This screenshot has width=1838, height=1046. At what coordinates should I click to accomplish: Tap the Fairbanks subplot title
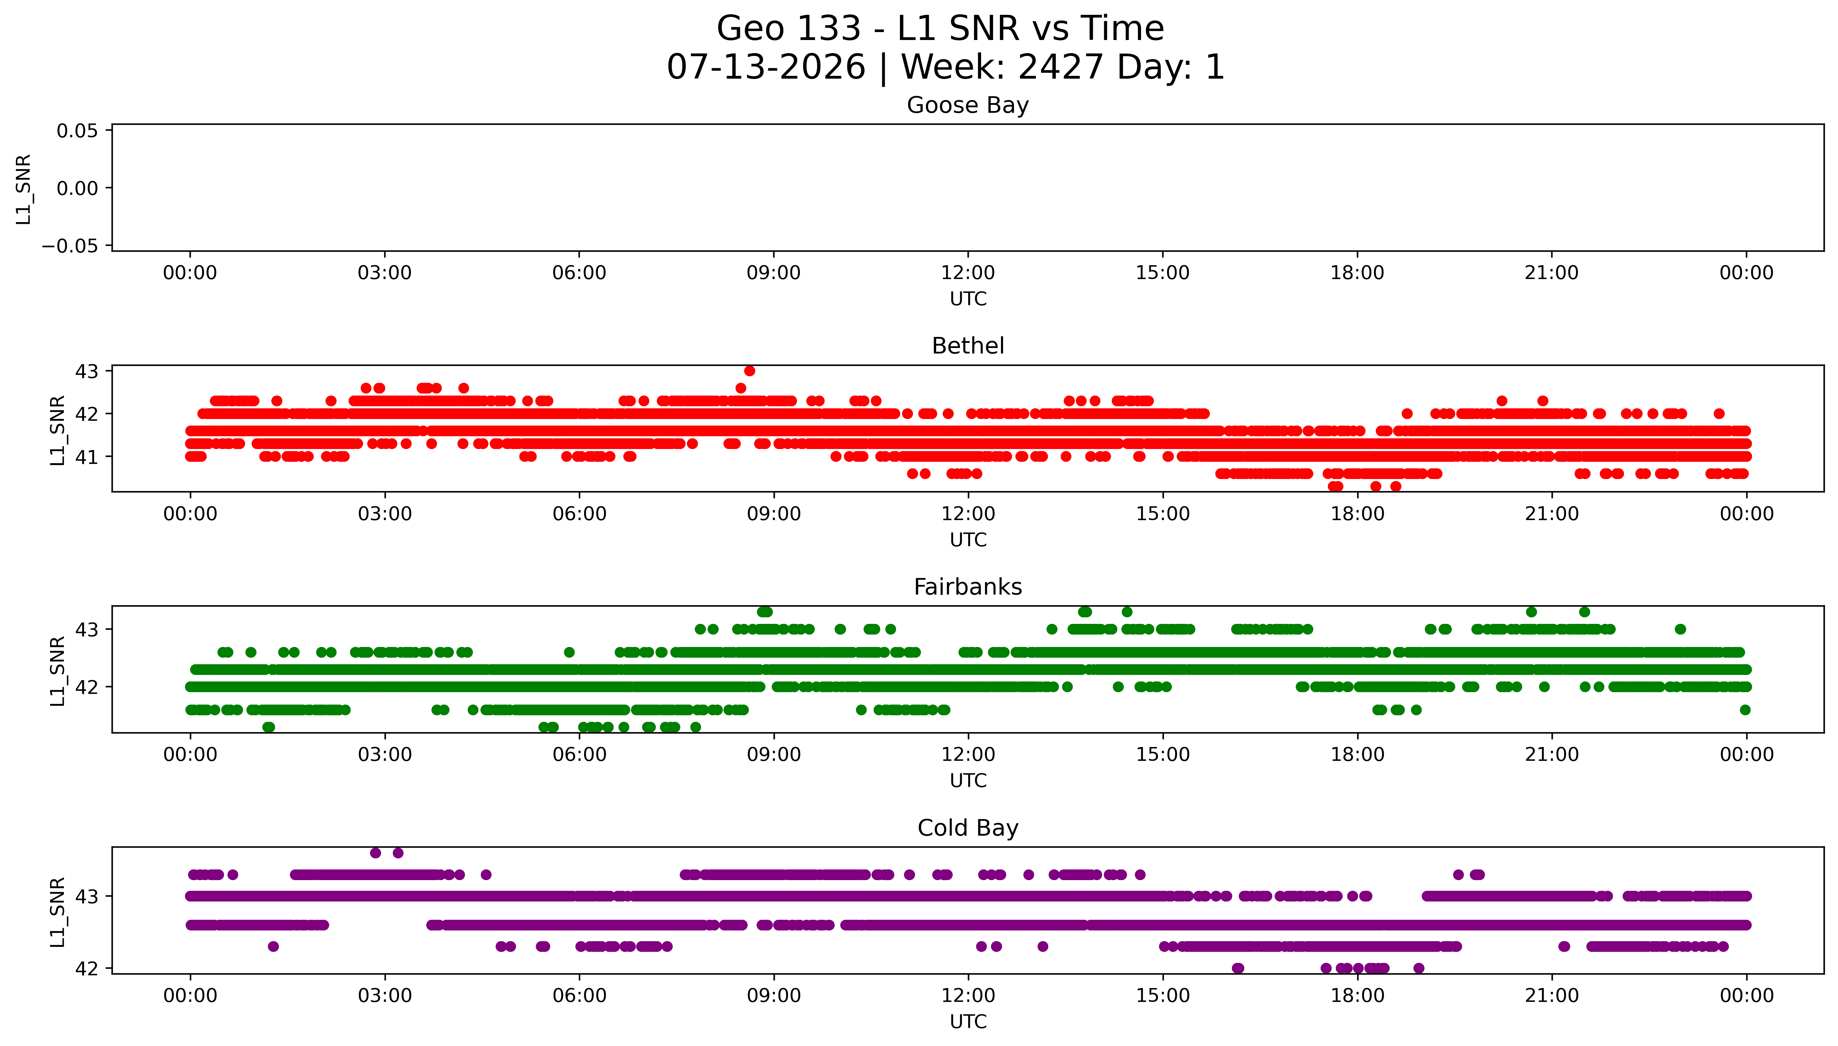coord(967,587)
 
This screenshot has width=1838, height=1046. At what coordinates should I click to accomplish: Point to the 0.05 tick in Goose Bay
coord(78,131)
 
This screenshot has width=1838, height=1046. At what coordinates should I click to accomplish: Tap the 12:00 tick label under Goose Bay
coord(967,273)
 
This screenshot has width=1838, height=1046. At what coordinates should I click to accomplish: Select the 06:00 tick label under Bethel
coord(578,514)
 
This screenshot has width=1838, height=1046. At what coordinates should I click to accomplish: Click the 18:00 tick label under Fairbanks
coord(1357,754)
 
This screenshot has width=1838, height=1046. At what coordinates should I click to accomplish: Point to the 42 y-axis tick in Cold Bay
coord(86,968)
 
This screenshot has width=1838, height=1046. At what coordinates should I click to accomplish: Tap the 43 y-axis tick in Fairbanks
coord(86,629)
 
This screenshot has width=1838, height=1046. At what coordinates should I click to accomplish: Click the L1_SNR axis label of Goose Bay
coord(24,189)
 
